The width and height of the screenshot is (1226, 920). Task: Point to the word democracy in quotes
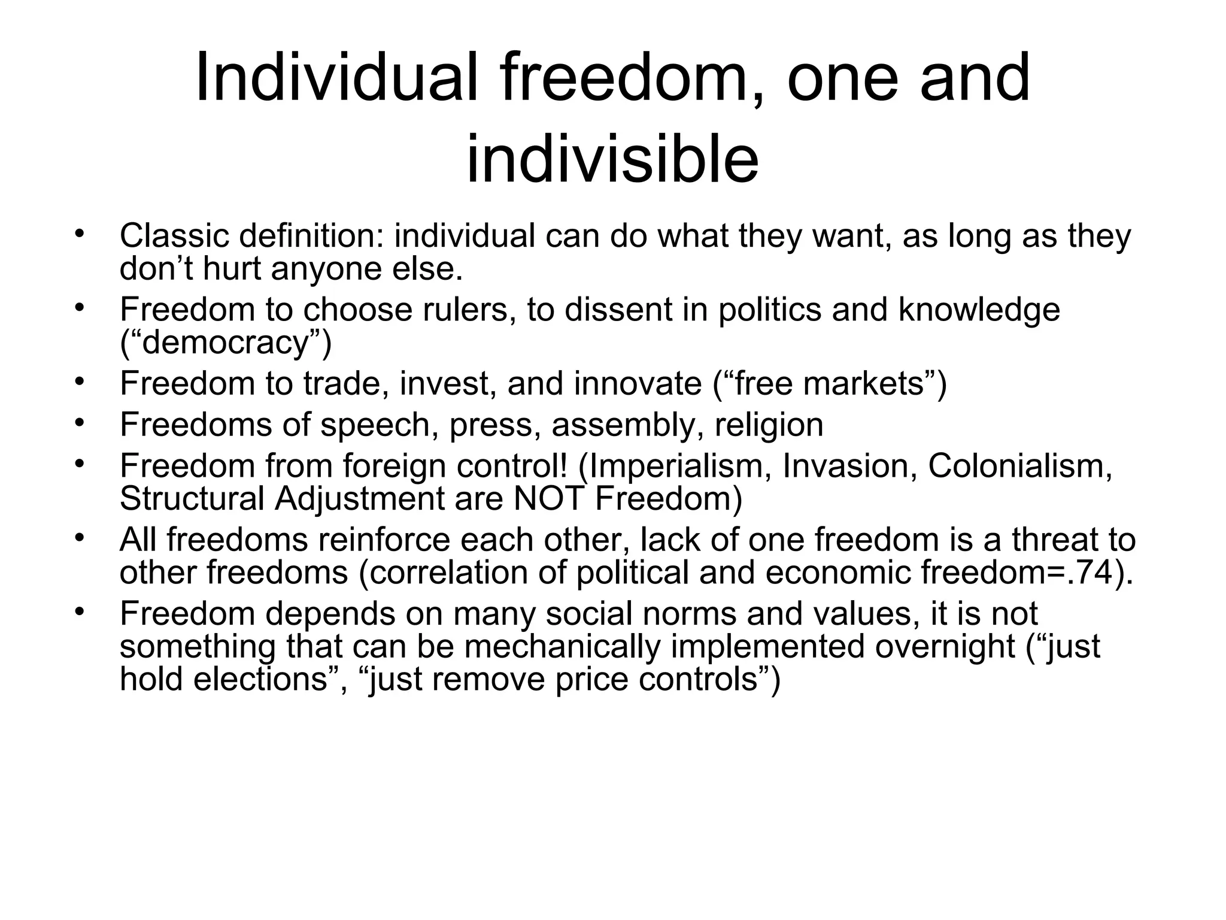(226, 342)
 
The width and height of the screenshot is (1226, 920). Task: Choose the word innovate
(638, 383)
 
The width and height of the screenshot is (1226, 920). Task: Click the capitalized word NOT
(548, 499)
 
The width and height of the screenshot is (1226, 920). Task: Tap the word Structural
(192, 499)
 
